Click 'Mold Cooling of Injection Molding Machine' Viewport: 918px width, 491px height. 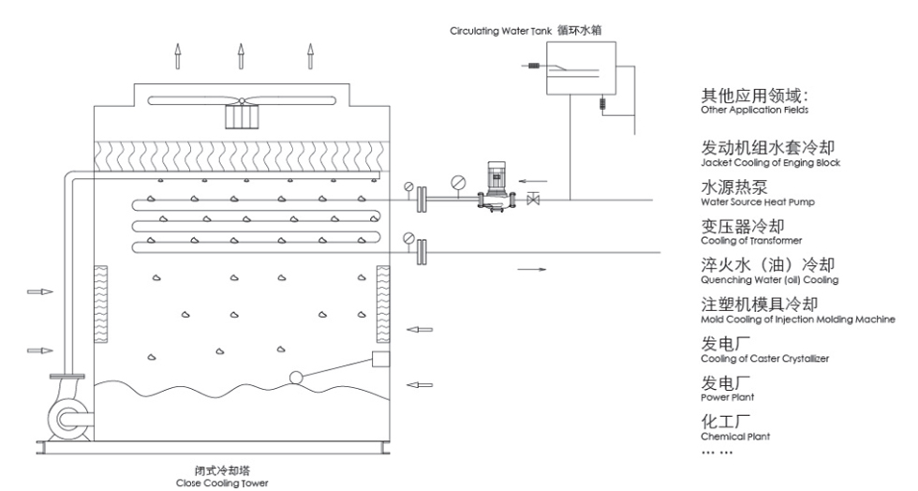pyautogui.click(x=797, y=320)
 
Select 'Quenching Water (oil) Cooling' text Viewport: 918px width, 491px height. pyautogui.click(x=769, y=280)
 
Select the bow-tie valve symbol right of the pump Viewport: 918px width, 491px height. pyautogui.click(x=534, y=200)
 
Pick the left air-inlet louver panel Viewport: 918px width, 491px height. pyautogui.click(x=103, y=305)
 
